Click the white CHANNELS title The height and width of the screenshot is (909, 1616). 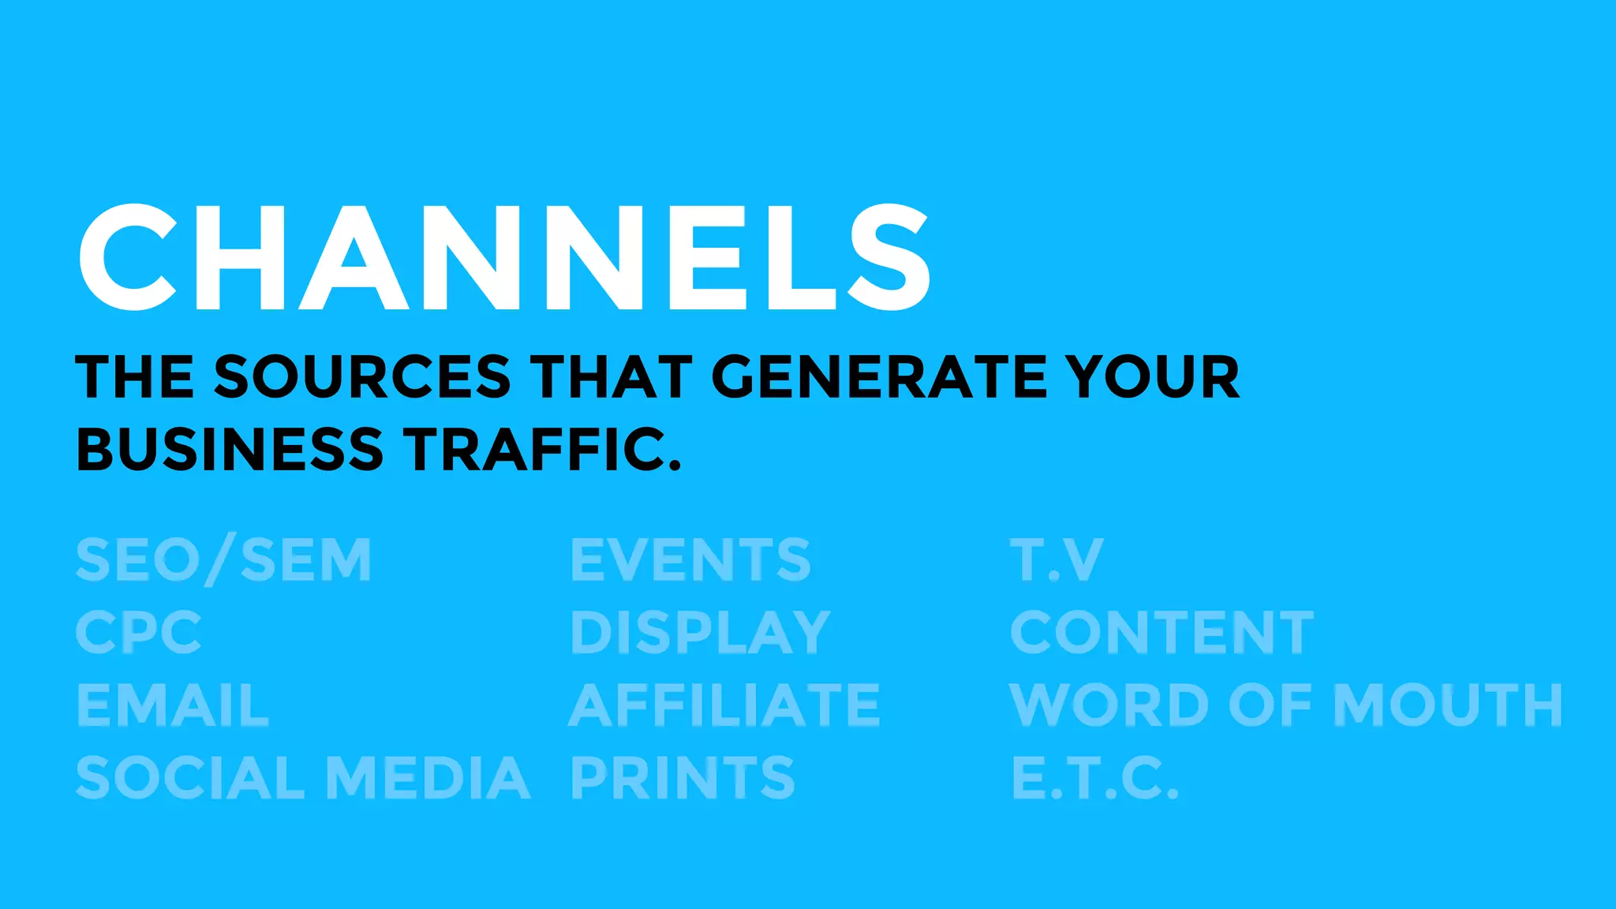tap(505, 257)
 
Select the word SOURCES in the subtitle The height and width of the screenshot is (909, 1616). tap(362, 376)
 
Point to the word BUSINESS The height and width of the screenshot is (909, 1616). tap(230, 449)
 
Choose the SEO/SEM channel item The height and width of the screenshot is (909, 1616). tap(223, 560)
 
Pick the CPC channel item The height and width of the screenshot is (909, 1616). tap(139, 632)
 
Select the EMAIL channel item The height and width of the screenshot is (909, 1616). tap(173, 705)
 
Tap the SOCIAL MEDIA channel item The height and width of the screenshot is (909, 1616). tap(303, 777)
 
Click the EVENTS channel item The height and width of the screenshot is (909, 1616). tap(690, 560)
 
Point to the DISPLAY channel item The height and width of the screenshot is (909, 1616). tap(700, 632)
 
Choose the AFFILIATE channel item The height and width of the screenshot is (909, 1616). tap(724, 705)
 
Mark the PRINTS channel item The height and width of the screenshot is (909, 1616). tap(683, 777)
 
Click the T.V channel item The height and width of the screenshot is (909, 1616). tap(1057, 560)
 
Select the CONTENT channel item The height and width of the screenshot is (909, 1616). tap(1162, 632)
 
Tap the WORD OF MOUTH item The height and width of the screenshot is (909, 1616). tap(1286, 705)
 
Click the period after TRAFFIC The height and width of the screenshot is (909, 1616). tap(674, 465)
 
